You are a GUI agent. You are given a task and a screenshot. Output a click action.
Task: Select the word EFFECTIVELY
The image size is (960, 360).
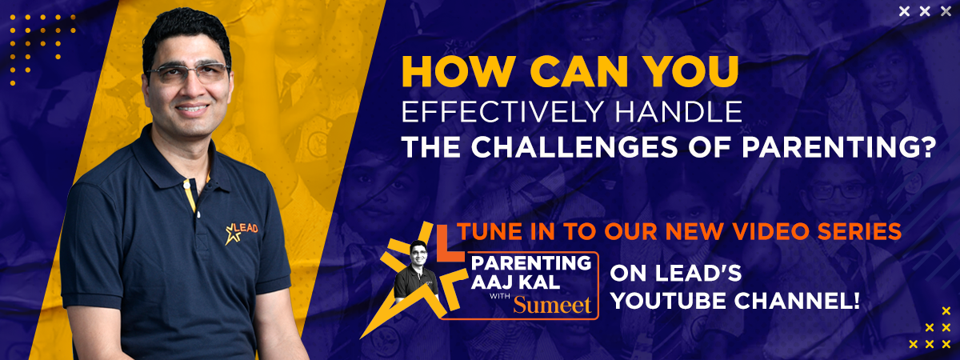click(x=503, y=111)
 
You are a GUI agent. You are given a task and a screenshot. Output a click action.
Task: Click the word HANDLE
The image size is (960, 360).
click(x=679, y=111)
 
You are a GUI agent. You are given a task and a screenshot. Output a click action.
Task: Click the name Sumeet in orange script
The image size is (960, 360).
click(x=553, y=306)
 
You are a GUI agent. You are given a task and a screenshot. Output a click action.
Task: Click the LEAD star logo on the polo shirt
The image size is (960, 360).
click(x=242, y=233)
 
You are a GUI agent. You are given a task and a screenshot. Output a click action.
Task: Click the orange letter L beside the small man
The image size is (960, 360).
click(x=449, y=244)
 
